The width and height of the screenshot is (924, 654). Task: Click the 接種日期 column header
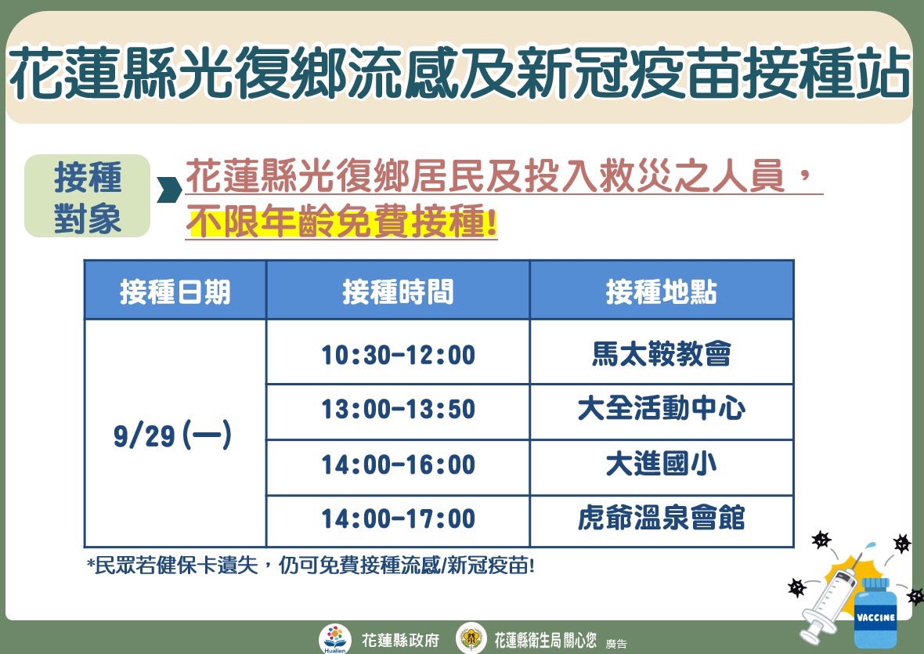(x=175, y=291)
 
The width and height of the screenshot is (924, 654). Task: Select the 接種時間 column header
(x=398, y=291)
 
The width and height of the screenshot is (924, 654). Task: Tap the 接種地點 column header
(x=661, y=291)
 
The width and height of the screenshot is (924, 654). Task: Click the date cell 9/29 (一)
(x=172, y=435)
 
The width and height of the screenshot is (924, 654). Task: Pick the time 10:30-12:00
(x=398, y=355)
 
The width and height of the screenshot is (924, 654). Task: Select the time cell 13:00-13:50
(x=398, y=409)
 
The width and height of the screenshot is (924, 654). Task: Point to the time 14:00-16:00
(x=398, y=464)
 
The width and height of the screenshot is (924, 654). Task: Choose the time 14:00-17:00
(x=398, y=519)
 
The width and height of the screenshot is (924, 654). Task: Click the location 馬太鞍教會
(x=661, y=353)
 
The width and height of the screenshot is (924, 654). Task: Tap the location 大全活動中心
(x=661, y=408)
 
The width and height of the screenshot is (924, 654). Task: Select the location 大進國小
(x=661, y=464)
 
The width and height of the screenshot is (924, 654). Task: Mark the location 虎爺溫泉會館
(x=661, y=518)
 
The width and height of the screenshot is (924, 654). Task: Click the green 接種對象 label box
(x=87, y=196)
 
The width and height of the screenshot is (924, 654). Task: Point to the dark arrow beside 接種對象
(x=169, y=189)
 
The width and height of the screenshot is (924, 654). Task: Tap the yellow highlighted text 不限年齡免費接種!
(x=341, y=222)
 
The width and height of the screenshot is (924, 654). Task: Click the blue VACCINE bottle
(x=875, y=612)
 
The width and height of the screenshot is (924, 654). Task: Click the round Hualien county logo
(x=334, y=638)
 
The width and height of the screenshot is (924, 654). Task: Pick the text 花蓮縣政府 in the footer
(x=400, y=640)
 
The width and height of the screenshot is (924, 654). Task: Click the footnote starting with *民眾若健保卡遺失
(x=311, y=565)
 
